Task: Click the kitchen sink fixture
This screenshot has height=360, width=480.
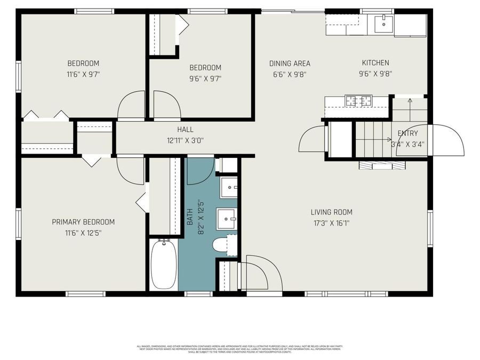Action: coord(383,23)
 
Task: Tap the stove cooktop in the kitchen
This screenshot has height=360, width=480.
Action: coord(358,100)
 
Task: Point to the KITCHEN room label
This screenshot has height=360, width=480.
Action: coord(375,63)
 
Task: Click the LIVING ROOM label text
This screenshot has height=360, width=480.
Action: coord(331,212)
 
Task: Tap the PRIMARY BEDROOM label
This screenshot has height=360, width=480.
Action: coord(83,222)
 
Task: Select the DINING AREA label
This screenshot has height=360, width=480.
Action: coord(290,63)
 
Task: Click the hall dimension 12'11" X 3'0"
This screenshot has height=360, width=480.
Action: coord(185,141)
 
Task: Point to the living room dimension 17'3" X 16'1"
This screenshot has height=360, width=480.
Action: coord(331,223)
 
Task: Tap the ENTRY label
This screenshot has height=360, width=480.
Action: coord(408,133)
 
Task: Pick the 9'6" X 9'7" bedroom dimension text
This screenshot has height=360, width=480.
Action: coord(205,78)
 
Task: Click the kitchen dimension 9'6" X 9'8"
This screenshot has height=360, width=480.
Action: coord(375,74)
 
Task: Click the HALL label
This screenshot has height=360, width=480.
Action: coord(185,130)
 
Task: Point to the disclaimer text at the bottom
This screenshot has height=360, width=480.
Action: coord(240,349)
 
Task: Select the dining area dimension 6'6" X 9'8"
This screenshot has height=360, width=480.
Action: coord(290,75)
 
